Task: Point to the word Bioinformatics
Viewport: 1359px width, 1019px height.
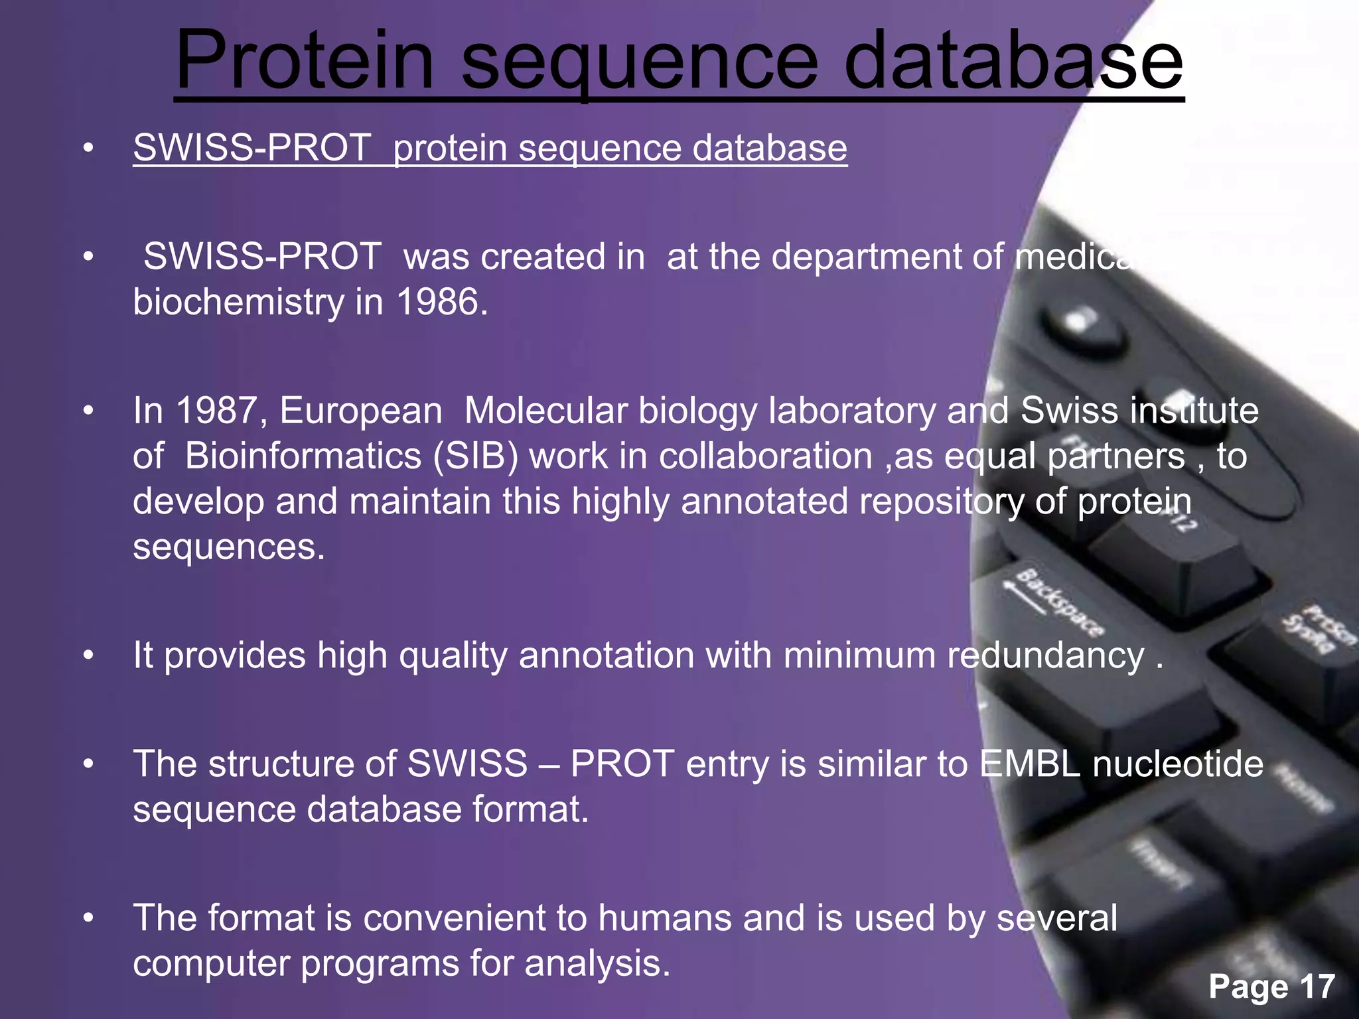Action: tap(303, 456)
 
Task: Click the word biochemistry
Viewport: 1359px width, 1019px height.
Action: tap(238, 302)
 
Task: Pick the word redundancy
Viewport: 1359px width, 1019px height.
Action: tap(1046, 655)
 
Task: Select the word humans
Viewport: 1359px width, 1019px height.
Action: tap(664, 918)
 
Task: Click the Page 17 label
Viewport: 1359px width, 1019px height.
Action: tap(1271, 986)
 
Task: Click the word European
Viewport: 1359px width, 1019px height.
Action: tap(360, 411)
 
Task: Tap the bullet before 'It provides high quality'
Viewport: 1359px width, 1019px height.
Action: tap(88, 656)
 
